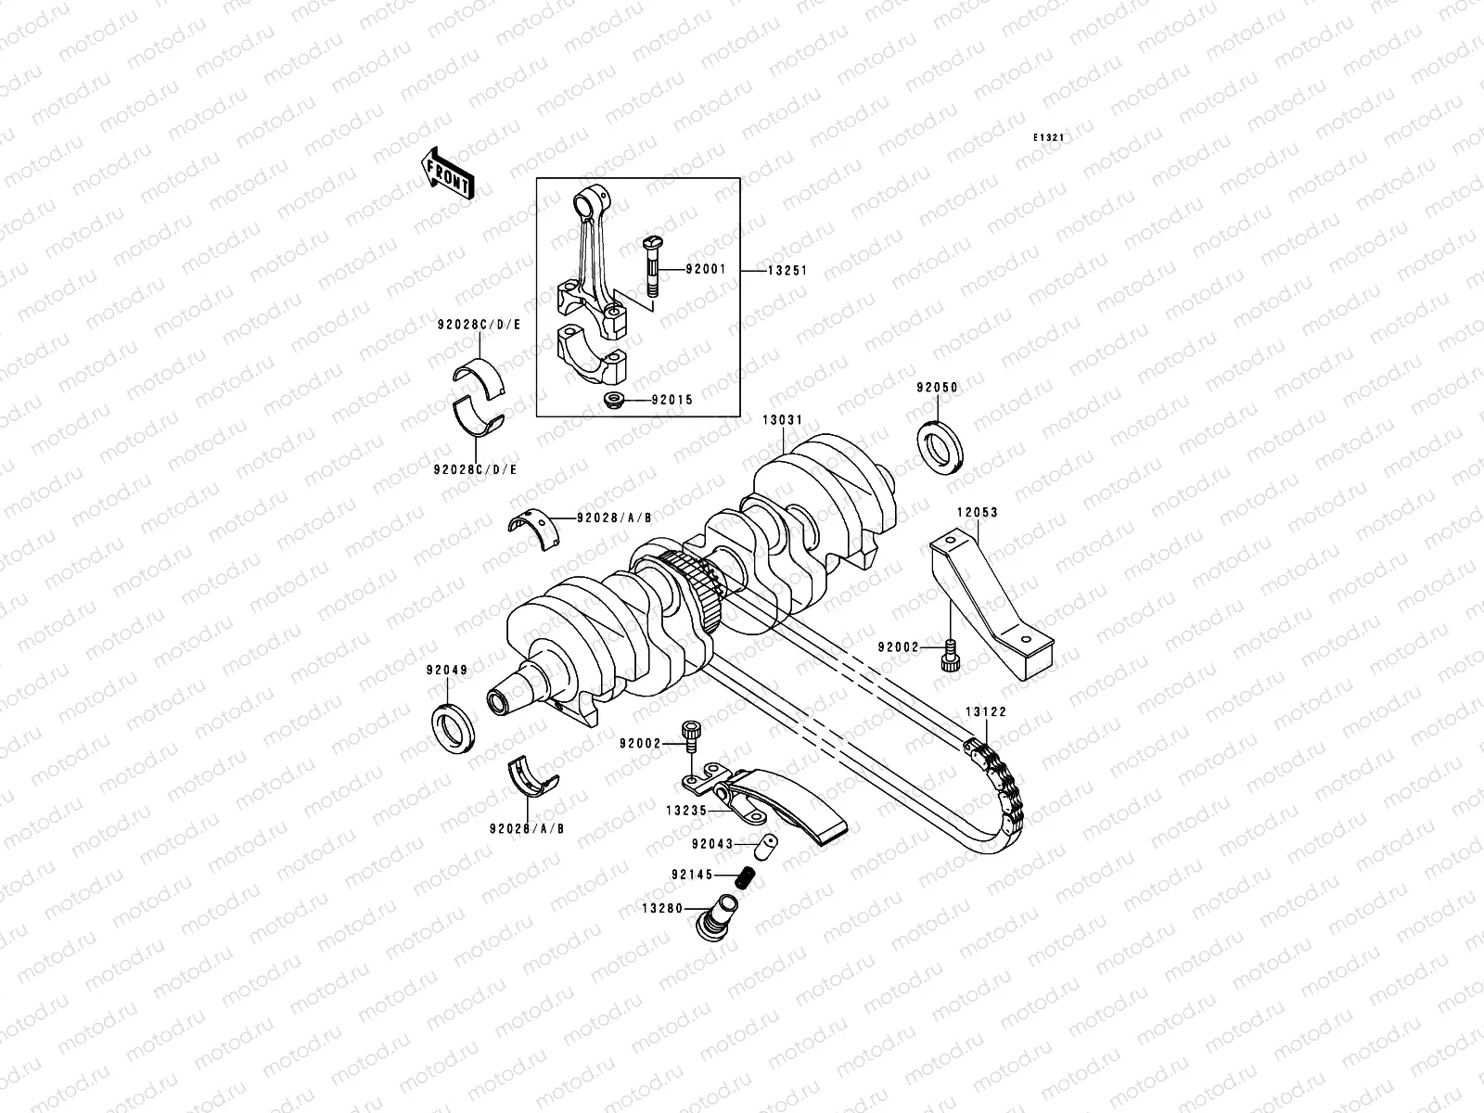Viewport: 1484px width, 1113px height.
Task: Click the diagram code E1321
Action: [x=1049, y=137]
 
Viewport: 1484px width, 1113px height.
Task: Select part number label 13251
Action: [x=787, y=271]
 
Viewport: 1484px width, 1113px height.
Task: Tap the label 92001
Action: [x=707, y=270]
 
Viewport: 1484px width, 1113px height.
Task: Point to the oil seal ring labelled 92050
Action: [x=940, y=448]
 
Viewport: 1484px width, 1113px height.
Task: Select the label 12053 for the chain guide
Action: [x=978, y=511]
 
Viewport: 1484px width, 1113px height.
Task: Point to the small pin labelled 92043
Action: [x=767, y=846]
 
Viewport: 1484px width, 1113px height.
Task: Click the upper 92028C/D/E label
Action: [x=478, y=326]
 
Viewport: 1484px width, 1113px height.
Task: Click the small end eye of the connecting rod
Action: [x=590, y=198]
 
